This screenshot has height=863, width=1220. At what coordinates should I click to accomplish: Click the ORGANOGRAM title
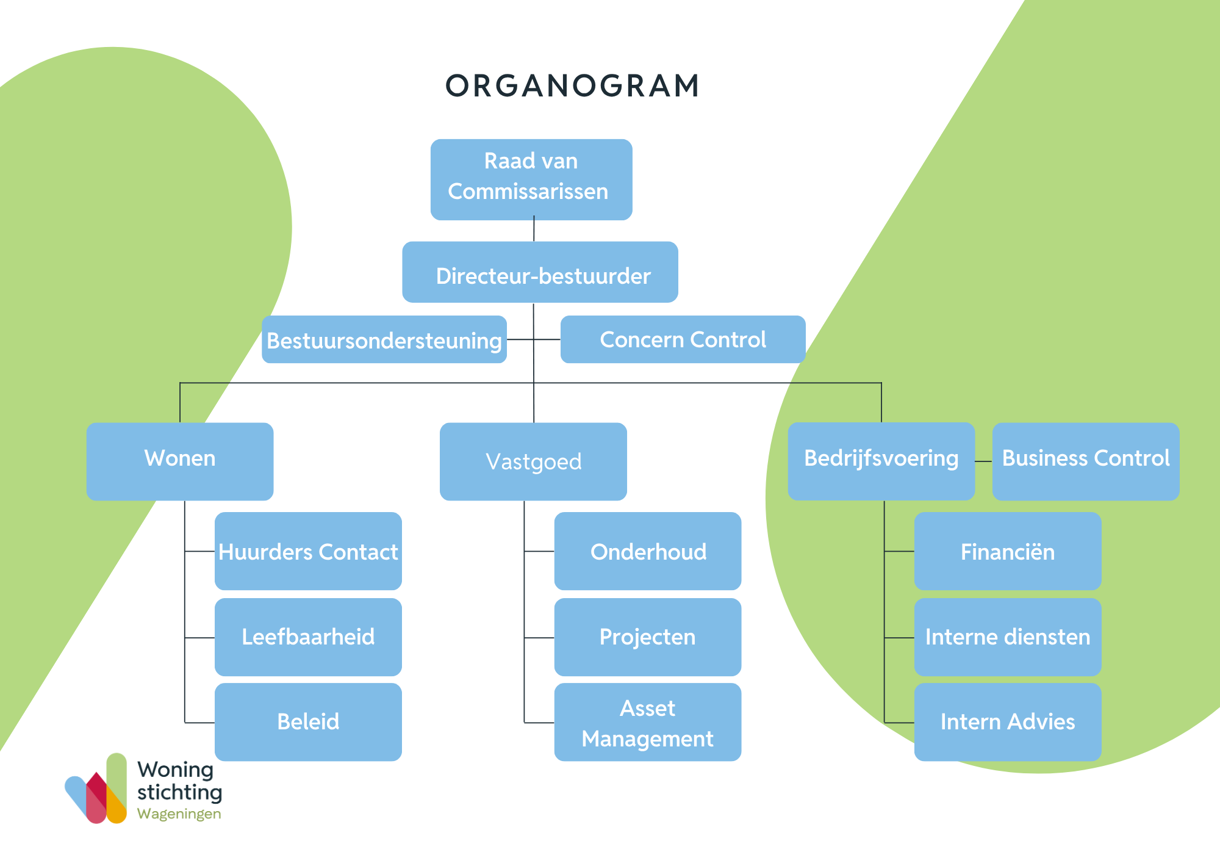coord(572,85)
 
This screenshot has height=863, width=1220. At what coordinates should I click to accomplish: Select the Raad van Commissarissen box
coord(531,179)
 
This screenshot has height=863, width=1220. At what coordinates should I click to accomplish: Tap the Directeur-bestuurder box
coord(540,272)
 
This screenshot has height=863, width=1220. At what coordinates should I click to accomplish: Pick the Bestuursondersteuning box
coord(384,339)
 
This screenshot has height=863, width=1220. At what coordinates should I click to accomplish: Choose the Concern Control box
coord(683,339)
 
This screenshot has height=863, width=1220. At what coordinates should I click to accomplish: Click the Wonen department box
coord(180,461)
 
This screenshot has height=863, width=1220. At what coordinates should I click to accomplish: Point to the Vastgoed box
coord(533,461)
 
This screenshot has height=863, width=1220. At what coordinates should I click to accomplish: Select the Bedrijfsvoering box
coord(881,461)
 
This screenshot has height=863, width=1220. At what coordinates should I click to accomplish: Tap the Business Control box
coord(1086,461)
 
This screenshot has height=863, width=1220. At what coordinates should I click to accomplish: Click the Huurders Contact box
coord(308,551)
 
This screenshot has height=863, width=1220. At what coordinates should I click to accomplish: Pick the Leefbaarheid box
coord(308,637)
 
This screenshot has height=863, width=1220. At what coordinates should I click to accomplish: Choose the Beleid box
coord(308,722)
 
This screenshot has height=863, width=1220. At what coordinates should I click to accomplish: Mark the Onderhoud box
coord(648,551)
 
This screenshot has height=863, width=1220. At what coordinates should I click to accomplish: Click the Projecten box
coord(648,637)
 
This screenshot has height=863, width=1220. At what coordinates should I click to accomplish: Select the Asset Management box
coord(648,722)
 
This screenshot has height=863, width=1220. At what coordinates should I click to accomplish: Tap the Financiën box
coord(1008,551)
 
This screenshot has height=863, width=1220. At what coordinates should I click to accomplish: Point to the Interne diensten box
coord(1008,637)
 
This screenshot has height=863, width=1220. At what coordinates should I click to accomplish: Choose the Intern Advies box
coord(1008,722)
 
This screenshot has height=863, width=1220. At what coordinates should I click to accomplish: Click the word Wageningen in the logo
coord(179,814)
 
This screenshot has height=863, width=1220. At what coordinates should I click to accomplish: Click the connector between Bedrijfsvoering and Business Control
coord(984,461)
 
